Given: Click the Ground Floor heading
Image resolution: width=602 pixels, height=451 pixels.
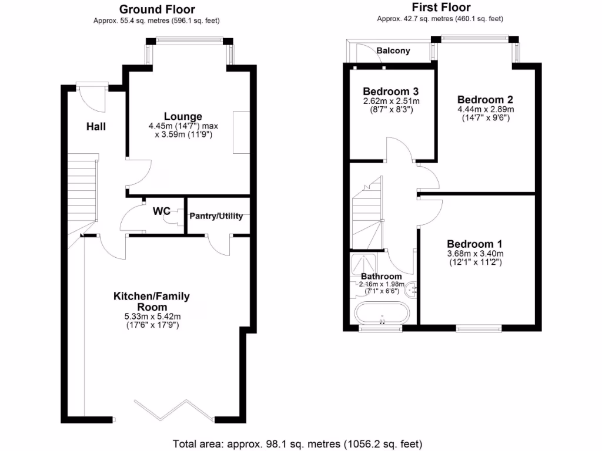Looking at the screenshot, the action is click(157, 9).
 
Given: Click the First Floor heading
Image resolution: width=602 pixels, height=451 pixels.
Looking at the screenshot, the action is click(441, 7).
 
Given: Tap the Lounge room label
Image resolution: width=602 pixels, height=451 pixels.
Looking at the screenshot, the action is click(183, 116).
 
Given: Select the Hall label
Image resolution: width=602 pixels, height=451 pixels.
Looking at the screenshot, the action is click(96, 127).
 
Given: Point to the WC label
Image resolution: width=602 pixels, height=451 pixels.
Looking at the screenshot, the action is click(161, 211).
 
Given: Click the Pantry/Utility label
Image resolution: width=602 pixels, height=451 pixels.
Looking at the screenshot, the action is click(216, 216).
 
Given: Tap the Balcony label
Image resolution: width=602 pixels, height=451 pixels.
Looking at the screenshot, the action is click(393, 51).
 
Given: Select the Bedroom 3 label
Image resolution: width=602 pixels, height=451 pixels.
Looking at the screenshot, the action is click(391, 91).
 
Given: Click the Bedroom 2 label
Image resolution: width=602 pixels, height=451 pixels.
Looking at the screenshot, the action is click(485, 100).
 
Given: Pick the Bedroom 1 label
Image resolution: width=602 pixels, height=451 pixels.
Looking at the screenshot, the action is click(474, 244).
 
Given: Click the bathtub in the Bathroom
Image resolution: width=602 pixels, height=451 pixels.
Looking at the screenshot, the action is click(382, 314).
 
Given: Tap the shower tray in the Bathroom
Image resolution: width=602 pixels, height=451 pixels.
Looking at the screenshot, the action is click(363, 264).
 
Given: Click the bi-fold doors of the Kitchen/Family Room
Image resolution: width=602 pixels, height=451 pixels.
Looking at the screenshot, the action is click(173, 410).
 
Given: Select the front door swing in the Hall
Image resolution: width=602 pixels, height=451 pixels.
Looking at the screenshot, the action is click(91, 99).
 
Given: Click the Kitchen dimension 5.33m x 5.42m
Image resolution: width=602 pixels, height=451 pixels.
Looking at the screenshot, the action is click(152, 317).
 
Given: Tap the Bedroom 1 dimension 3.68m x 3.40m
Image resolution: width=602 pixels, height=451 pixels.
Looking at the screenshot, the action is click(475, 254).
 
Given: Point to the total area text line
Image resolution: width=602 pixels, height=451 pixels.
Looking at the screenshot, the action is click(297, 444).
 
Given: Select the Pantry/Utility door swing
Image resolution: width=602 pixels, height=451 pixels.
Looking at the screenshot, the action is click(219, 245).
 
